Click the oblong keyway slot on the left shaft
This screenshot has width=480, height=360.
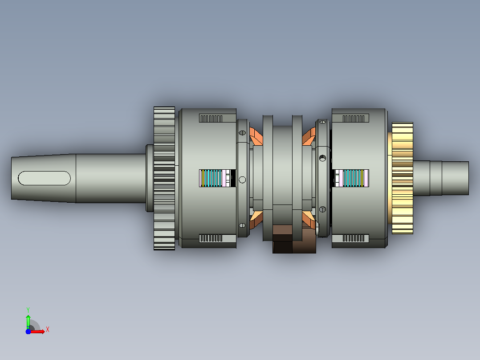(45, 178)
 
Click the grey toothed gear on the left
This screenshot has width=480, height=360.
(164, 178)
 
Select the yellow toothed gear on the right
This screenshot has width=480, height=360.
(403, 178)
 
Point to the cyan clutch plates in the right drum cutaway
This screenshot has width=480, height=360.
(353, 178)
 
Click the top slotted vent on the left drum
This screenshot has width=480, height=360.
(211, 119)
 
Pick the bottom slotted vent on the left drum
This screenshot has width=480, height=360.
(211, 238)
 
